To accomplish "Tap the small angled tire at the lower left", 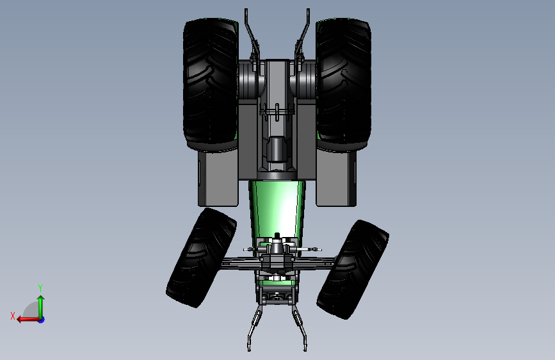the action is point(202,258).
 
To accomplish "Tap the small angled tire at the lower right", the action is point(353,269).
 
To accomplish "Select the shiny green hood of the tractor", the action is point(277,209).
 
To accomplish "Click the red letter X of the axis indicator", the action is point(13,316).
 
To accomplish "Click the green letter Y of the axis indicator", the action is point(40,288).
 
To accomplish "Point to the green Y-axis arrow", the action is point(41,307).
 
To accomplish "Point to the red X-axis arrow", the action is point(28,320).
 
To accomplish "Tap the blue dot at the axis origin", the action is point(42,320).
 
